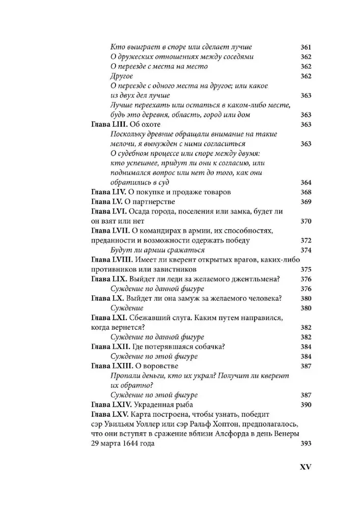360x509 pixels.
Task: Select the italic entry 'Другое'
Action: pyautogui.click(x=121, y=76)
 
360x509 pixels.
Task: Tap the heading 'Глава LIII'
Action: pyautogui.click(x=108, y=125)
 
